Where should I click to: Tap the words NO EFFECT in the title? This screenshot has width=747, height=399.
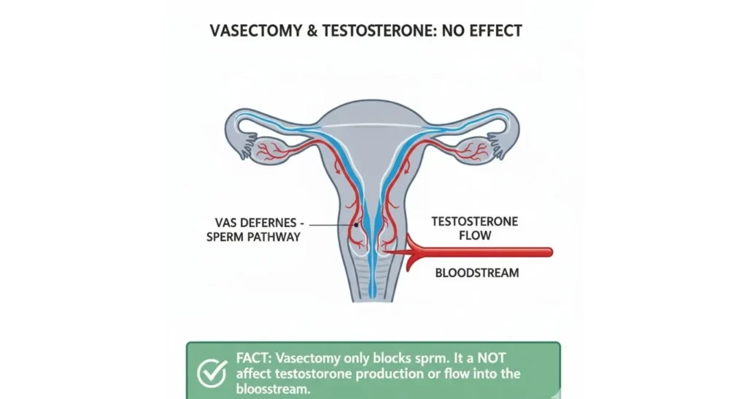pyautogui.click(x=489, y=32)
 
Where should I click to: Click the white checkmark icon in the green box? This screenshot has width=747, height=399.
pyautogui.click(x=211, y=373)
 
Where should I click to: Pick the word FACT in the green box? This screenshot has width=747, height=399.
pyautogui.click(x=254, y=360)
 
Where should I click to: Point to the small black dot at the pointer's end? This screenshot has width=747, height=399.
pyautogui.click(x=356, y=225)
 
